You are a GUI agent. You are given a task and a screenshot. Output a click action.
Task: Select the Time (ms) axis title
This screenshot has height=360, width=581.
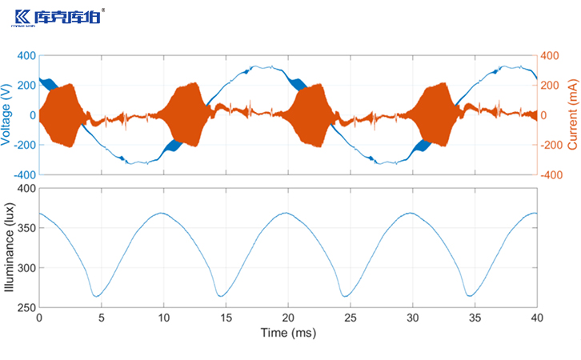[x=288, y=330]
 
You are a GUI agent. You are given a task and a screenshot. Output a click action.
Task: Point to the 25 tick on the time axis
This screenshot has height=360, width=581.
[x=350, y=317]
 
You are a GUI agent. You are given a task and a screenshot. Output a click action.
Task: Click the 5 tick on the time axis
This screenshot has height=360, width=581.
[x=102, y=317]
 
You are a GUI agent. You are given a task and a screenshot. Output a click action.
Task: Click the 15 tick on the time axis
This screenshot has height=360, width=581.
[x=226, y=317]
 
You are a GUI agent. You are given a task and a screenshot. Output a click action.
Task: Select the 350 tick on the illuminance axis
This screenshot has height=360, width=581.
[x=26, y=228]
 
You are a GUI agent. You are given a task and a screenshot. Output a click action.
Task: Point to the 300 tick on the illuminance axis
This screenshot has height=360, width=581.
[x=26, y=268]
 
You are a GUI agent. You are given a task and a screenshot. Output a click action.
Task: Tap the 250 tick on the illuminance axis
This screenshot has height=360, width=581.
[x=26, y=307]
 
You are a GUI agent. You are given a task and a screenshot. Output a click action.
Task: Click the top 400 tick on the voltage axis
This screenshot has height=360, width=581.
[x=26, y=56]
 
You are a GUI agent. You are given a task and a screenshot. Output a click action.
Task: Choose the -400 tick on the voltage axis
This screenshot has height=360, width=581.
[x=25, y=174]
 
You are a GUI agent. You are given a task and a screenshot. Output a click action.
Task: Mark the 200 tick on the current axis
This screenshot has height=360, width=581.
[x=551, y=86]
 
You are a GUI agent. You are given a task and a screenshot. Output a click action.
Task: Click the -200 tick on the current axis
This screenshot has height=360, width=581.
[x=553, y=145]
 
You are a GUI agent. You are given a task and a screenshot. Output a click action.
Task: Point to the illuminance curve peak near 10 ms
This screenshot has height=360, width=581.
[x=163, y=213]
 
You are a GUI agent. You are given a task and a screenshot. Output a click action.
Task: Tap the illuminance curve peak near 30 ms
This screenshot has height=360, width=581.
[x=411, y=213]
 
